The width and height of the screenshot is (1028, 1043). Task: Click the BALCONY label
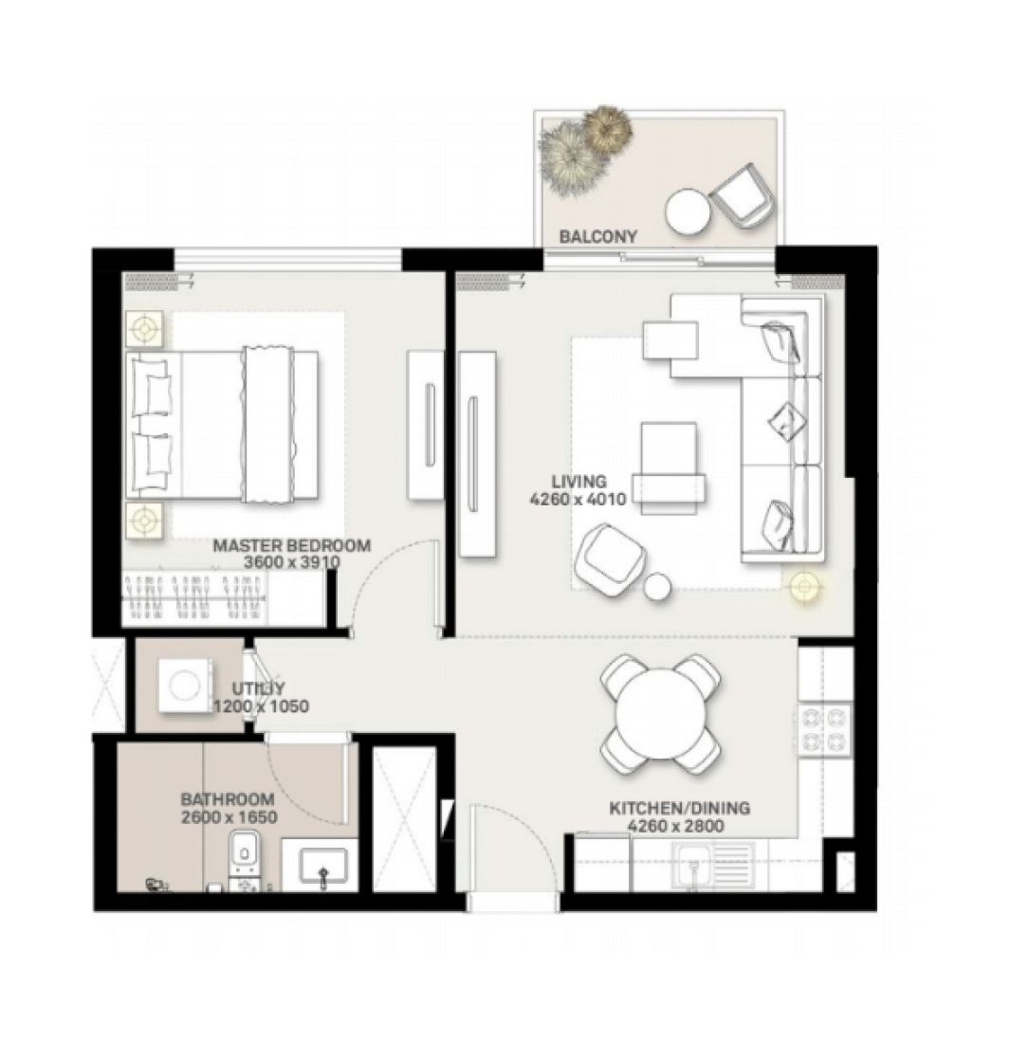pos(597,236)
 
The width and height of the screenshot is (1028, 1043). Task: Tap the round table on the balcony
pos(687,211)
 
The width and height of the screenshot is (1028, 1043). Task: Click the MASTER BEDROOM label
pos(291,546)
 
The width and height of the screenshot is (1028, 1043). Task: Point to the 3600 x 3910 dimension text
pos(291,562)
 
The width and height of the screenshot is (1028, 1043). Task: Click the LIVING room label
pos(581,482)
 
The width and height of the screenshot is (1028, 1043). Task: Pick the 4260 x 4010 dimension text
pos(578,499)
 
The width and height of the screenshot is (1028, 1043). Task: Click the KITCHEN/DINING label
pos(679,809)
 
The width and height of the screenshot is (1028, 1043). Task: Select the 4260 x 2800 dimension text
pos(675,826)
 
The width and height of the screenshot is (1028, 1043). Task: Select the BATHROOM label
pos(228,799)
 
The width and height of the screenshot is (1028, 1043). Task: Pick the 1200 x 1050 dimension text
pos(261,706)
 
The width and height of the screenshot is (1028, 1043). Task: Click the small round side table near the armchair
pos(657,588)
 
